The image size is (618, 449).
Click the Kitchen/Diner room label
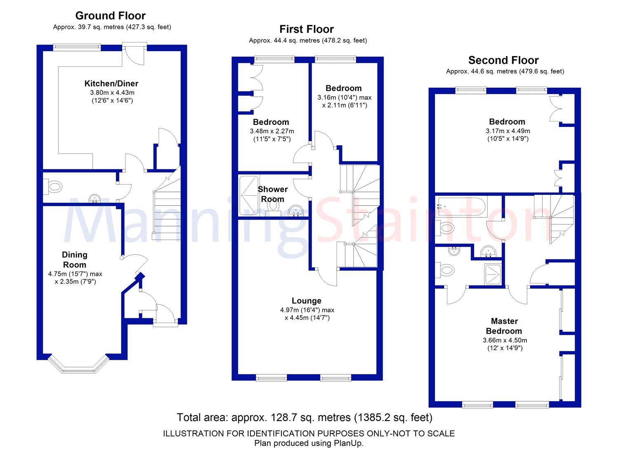pos(111,84)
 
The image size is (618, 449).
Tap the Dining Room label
pos(75,260)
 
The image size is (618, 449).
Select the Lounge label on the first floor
pos(307,301)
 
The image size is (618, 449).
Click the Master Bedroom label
pos(504,326)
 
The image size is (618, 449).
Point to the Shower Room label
pos(273,194)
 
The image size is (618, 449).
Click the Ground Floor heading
pos(110,16)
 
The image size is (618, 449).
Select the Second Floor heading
pos(503,60)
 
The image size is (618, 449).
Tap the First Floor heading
pos(307,29)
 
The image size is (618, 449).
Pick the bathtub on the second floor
pos(461,206)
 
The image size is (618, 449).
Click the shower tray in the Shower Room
pos(249,195)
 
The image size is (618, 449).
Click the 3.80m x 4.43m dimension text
pos(112,93)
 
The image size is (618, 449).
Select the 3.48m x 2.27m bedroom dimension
pos(272,131)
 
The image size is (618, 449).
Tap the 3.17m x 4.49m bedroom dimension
pos(508,131)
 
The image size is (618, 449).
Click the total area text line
pos(304,417)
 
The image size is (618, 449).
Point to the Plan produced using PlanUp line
pos(309,443)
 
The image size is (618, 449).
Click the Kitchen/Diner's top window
pos(77,47)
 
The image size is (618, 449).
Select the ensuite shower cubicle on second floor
pos(493,274)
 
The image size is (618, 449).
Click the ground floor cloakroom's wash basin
pos(94,198)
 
